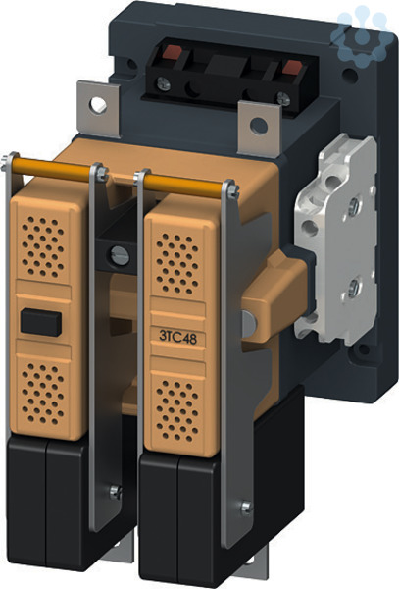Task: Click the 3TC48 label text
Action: (177, 337)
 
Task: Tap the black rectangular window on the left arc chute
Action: (41, 322)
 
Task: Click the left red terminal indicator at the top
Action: (172, 52)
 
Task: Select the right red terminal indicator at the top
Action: (292, 67)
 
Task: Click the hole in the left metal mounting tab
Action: (97, 105)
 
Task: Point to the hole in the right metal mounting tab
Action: (259, 126)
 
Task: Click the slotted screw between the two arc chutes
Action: (120, 256)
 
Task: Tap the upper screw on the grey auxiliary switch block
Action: (353, 207)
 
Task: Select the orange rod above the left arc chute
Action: (51, 170)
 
